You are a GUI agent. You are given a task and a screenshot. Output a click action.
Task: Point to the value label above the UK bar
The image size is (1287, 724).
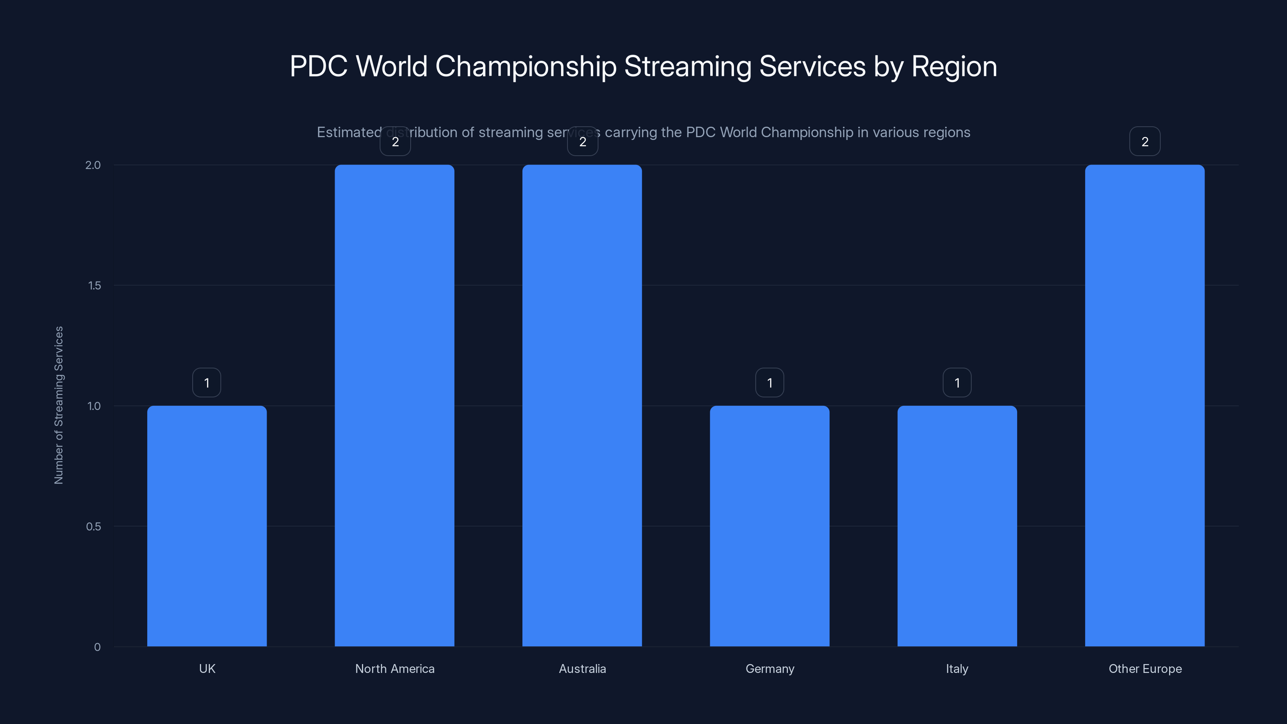click(207, 383)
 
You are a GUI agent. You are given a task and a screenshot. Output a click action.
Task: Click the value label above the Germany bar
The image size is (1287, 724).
click(769, 383)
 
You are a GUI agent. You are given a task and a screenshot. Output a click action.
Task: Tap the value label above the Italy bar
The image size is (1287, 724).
click(957, 383)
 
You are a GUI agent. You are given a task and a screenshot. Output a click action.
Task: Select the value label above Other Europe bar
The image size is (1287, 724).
click(1145, 142)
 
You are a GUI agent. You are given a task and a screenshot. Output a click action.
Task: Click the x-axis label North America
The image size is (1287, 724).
click(395, 668)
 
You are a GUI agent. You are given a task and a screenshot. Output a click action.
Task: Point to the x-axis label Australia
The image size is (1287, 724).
click(582, 668)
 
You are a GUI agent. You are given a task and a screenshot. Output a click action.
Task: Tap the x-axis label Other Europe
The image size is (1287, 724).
click(1145, 668)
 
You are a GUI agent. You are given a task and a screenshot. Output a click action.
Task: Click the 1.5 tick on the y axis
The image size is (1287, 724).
click(94, 285)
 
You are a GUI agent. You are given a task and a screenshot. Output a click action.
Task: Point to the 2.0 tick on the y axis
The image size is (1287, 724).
click(93, 165)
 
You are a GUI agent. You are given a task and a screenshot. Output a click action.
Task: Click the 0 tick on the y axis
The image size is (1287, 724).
click(97, 647)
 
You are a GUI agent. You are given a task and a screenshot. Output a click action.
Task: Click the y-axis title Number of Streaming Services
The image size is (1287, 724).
click(58, 405)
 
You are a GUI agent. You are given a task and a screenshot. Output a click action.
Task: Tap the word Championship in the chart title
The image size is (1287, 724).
click(526, 66)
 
